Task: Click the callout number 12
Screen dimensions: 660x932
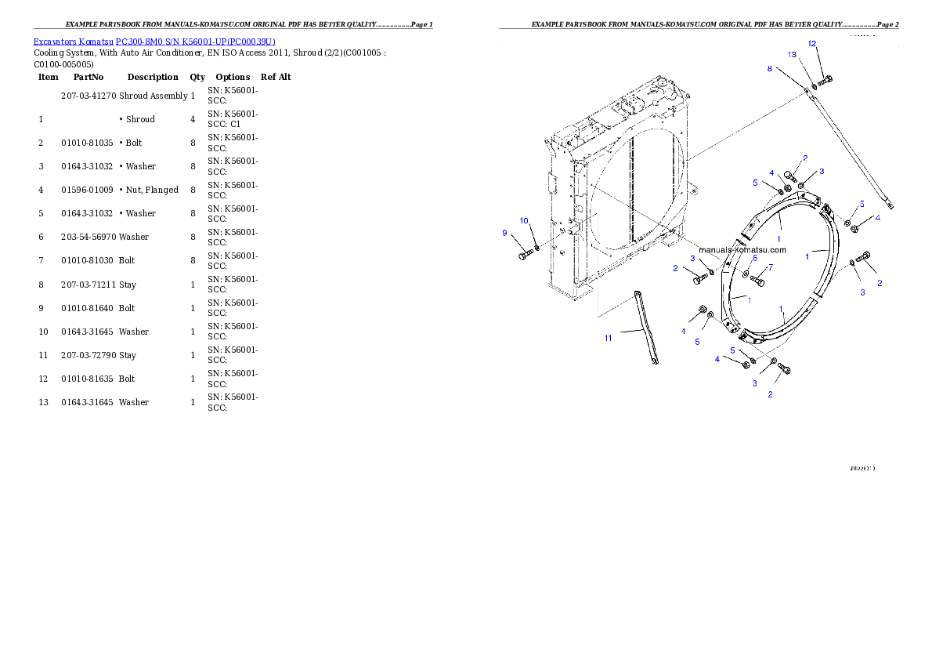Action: point(812,43)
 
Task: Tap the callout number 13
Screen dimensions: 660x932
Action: point(792,55)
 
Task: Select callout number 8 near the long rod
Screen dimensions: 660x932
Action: point(770,69)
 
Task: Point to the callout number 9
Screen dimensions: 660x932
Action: point(505,233)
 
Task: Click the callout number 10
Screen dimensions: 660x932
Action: point(524,221)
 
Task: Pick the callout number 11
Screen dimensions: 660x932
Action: point(608,338)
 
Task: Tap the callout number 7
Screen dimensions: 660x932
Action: point(770,267)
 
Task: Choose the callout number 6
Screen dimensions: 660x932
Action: point(755,258)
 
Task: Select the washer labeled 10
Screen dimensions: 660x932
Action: point(536,249)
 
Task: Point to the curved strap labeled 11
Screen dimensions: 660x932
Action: point(647,327)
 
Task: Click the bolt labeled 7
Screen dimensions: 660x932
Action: point(757,280)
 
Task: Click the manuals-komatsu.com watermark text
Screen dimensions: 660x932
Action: point(742,250)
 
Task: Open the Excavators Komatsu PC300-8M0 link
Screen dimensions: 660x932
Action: point(154,41)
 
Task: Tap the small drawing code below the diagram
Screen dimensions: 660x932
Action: point(862,468)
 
